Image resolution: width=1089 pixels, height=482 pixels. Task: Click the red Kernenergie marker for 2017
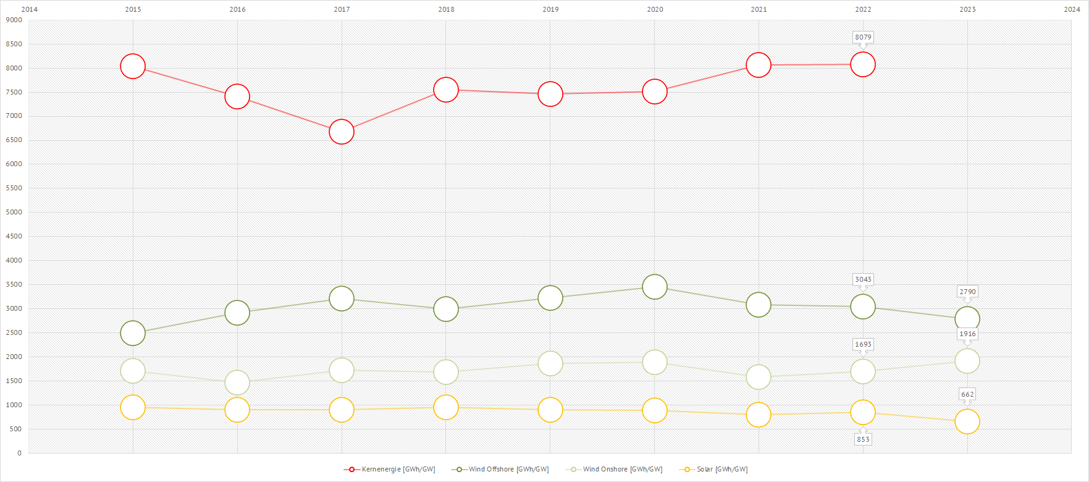342,132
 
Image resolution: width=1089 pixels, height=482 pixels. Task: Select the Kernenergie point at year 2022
863,64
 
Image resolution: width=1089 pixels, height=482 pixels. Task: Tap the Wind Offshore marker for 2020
655,287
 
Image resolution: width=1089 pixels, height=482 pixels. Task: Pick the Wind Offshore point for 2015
133,333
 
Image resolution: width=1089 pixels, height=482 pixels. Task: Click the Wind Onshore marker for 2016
237,383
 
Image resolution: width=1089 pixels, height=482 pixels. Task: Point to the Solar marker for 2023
967,421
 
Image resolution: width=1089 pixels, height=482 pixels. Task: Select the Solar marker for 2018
446,407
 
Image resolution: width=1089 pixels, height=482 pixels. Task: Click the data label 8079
863,37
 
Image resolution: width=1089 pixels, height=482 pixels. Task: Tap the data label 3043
863,279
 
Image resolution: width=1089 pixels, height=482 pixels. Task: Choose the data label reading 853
863,439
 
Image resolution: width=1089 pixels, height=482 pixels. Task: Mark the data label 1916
967,334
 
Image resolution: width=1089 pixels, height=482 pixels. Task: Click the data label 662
967,394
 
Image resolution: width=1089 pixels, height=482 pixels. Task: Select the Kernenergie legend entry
390,470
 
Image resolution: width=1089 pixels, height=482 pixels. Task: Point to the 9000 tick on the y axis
14,20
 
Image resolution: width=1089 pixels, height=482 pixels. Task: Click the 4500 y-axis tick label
14,236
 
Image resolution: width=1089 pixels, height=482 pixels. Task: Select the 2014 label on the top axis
29,9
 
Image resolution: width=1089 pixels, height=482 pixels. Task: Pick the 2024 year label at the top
1072,9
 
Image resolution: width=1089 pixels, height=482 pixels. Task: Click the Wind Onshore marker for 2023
967,361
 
